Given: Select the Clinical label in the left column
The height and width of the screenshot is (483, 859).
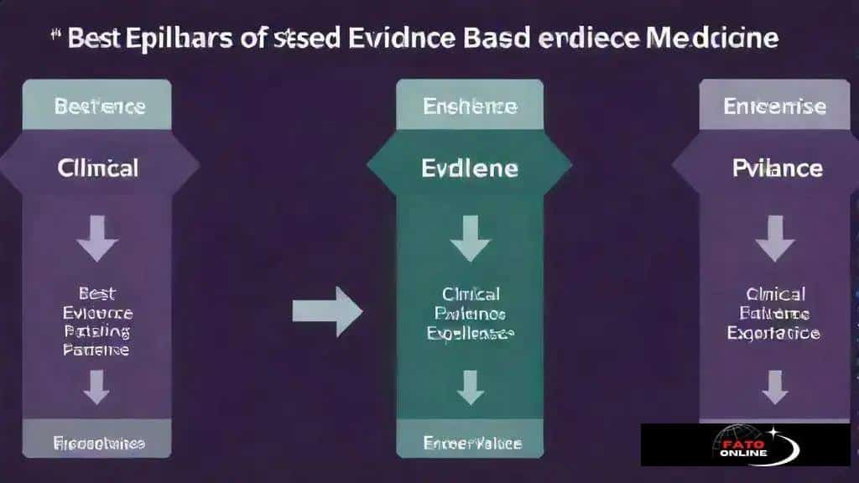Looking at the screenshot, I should (98, 168).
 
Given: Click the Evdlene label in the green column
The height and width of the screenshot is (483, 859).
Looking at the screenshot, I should (469, 168).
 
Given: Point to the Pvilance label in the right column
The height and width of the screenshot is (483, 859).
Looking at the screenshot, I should (776, 168).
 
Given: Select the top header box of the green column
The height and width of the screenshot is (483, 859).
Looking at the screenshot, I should (469, 106).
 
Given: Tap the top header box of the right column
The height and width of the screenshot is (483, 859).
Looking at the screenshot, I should (774, 106).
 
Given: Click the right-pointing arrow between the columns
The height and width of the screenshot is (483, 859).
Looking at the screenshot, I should (327, 311).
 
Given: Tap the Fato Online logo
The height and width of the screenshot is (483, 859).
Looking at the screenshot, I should (745, 444).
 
